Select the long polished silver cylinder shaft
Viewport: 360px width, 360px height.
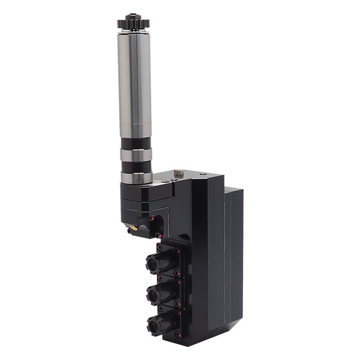(x=134, y=84)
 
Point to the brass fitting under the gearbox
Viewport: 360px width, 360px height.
(x=134, y=228)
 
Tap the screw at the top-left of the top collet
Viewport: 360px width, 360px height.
(x=160, y=246)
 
